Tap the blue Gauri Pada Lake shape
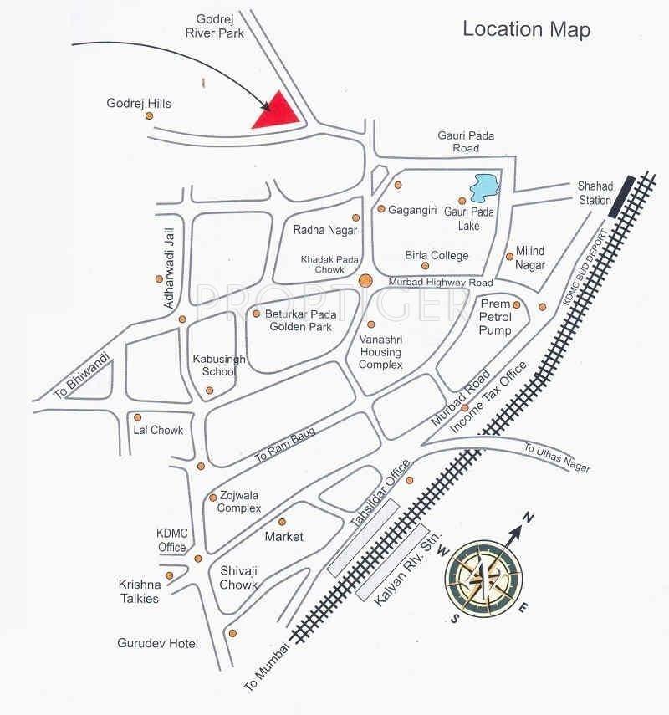tap(483, 188)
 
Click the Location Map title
tap(526, 30)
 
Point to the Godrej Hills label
tap(139, 104)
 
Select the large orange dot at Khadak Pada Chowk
tap(365, 281)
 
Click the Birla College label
tap(437, 255)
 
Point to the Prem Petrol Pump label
tap(500, 318)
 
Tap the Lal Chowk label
tap(158, 431)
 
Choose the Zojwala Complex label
tap(239, 502)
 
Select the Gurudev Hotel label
tap(158, 643)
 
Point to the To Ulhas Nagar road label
tap(557, 457)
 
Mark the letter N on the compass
tap(528, 518)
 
